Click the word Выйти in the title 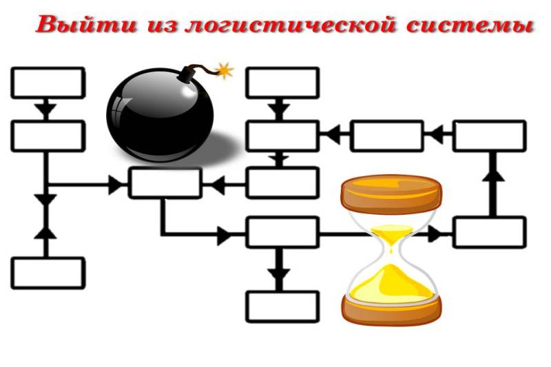pyautogui.click(x=87, y=25)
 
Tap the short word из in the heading pyautogui.click(x=163, y=26)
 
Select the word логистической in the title pyautogui.click(x=291, y=25)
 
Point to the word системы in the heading pyautogui.click(x=470, y=25)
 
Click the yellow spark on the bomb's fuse pyautogui.click(x=225, y=70)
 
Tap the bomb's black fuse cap pyautogui.click(x=187, y=74)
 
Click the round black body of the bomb pyautogui.click(x=160, y=115)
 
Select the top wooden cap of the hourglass pyautogui.click(x=391, y=194)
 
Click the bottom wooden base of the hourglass pyautogui.click(x=391, y=310)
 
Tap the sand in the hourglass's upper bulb pyautogui.click(x=392, y=235)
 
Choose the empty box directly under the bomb pyautogui.click(x=165, y=183)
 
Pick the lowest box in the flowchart pyautogui.click(x=282, y=306)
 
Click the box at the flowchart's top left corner pyautogui.click(x=48, y=83)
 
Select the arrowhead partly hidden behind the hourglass pyautogui.click(x=435, y=234)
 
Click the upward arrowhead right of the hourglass pyautogui.click(x=493, y=173)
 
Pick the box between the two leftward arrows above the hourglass pyautogui.click(x=387, y=136)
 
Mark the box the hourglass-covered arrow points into pyautogui.click(x=490, y=233)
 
